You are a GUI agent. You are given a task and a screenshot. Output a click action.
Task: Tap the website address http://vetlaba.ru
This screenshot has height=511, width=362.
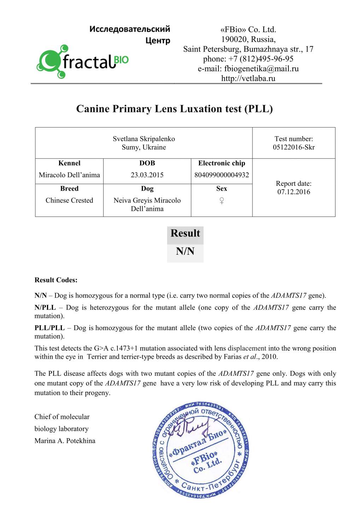click(x=248, y=78)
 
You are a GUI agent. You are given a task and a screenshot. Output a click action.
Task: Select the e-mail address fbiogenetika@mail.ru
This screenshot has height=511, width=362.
click(x=261, y=69)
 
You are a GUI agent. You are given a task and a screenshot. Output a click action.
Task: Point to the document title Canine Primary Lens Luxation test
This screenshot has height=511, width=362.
click(x=174, y=108)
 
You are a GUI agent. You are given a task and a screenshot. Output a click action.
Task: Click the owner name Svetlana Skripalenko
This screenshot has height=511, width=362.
click(x=144, y=139)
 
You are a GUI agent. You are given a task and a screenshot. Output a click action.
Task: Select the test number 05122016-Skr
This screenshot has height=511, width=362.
click(x=293, y=147)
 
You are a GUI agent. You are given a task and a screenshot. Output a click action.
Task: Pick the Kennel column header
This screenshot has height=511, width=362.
click(x=69, y=163)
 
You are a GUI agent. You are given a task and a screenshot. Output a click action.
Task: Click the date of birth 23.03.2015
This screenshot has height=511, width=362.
click(x=147, y=175)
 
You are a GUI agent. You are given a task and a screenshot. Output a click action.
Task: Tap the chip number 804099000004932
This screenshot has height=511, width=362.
click(x=222, y=175)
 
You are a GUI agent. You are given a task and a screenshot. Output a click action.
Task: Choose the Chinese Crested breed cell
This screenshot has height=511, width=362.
click(x=69, y=200)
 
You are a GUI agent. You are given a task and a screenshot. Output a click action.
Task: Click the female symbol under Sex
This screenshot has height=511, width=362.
click(x=222, y=201)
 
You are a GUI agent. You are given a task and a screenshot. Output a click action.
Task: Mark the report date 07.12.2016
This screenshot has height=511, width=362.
click(x=293, y=192)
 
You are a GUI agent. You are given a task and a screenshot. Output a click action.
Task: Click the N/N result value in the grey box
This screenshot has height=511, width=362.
click(x=185, y=251)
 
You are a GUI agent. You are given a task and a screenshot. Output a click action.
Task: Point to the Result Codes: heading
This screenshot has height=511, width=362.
click(x=56, y=280)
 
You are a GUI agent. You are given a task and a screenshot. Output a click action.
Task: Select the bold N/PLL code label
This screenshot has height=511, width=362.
click(x=45, y=308)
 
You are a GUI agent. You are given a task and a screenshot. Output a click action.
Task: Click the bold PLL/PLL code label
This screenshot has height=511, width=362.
click(x=49, y=328)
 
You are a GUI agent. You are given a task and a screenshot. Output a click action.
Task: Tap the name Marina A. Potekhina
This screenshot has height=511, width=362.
click(x=65, y=441)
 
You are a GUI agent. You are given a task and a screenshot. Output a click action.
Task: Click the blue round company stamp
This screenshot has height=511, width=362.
click(x=201, y=450)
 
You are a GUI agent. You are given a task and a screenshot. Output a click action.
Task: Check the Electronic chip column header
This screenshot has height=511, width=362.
click(x=222, y=163)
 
